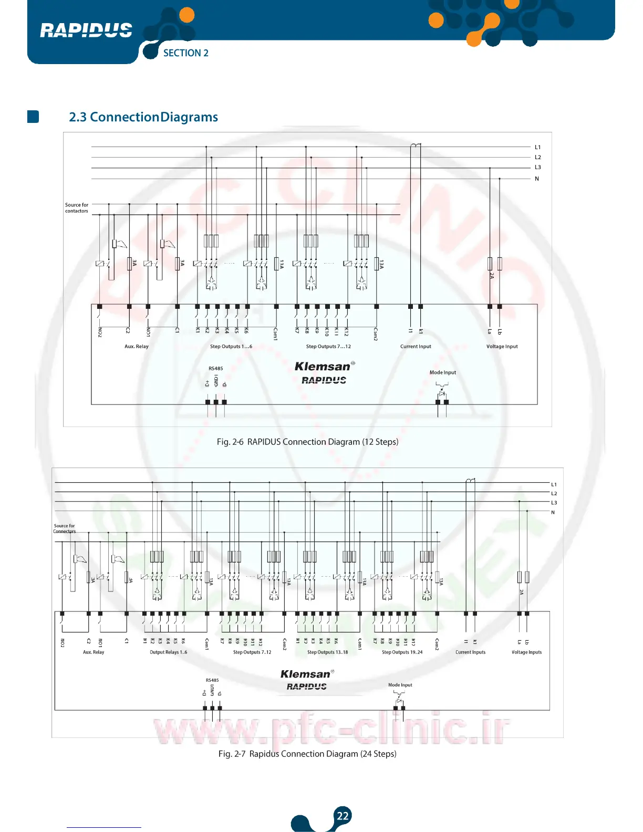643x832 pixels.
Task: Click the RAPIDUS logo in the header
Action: [86, 30]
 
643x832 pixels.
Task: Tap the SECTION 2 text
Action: [185, 53]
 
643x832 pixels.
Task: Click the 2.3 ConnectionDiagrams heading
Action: [143, 117]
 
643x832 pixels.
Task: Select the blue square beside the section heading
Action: [33, 117]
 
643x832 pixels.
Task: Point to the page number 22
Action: [343, 816]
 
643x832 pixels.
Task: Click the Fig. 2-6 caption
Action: [307, 442]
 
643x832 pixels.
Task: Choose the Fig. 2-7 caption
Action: [307, 754]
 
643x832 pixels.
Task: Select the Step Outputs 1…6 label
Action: [231, 347]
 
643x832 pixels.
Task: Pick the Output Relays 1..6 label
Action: [168, 652]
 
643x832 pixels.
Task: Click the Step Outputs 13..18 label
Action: [327, 652]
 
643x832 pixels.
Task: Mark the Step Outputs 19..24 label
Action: [402, 652]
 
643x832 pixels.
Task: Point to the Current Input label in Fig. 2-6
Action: [416, 347]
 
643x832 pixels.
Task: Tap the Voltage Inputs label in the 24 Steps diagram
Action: [526, 652]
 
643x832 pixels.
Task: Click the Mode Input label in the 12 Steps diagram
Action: [443, 372]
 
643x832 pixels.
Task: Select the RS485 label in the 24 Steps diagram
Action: [212, 680]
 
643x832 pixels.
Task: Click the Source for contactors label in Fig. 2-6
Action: [77, 208]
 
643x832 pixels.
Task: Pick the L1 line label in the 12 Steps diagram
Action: [537, 148]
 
